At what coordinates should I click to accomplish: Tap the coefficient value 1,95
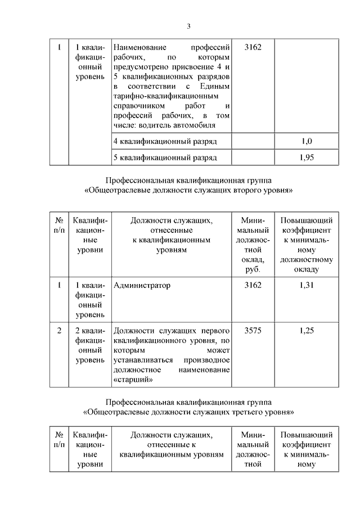pos(307,157)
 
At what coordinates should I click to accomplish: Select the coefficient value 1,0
pos(307,141)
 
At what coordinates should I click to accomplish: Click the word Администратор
pos(142,286)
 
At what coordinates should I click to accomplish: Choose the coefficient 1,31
pos(307,286)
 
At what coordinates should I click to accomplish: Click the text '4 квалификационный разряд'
pos(165,141)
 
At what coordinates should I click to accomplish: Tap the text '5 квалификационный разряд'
pos(165,157)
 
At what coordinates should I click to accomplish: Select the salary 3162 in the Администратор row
pos(253,286)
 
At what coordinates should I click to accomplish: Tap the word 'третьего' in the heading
pos(242,411)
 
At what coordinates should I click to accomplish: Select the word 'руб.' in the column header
pos(253,269)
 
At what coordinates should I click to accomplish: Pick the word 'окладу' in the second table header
pos(307,269)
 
